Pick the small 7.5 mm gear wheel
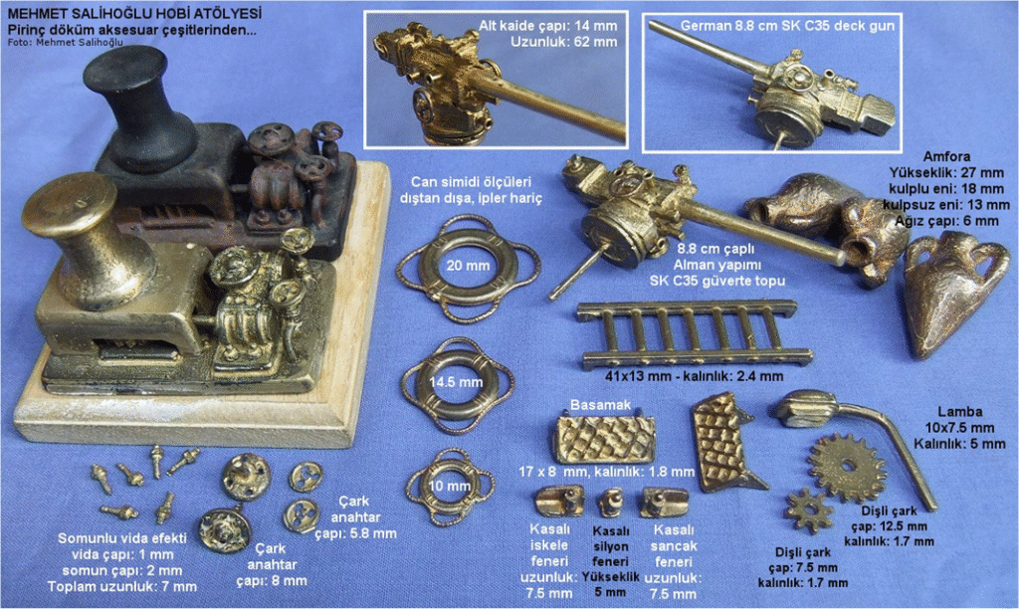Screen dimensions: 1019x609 [x=809, y=510]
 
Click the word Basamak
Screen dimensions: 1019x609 [x=600, y=405]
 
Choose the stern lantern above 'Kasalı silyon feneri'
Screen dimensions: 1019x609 [x=611, y=504]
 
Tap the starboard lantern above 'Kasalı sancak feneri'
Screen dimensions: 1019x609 [x=664, y=503]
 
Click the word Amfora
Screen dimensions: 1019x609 [x=947, y=156]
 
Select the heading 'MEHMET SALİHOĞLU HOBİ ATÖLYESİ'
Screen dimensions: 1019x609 [x=135, y=14]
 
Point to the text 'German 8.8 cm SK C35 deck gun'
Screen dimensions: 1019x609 [x=787, y=26]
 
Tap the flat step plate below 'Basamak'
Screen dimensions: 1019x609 [x=604, y=440]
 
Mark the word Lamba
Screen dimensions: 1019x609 [x=960, y=411]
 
